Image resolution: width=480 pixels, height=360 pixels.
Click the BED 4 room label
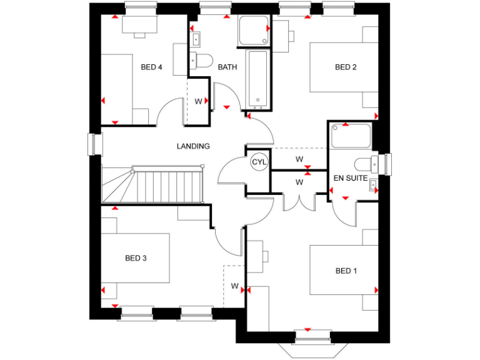[151, 67]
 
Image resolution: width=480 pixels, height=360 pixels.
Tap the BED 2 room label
[346, 67]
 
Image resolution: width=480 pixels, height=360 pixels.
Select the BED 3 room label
[136, 257]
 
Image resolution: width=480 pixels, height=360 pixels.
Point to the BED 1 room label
[346, 271]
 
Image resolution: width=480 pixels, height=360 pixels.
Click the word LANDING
[193, 146]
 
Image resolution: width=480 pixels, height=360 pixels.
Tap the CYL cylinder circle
[259, 162]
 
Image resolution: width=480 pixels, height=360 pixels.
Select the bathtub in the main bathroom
[258, 80]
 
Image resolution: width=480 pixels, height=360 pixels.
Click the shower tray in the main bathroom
[254, 31]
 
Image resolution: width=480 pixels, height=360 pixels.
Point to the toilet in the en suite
[364, 164]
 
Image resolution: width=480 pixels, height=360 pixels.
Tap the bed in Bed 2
[344, 67]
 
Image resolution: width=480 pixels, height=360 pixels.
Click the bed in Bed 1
[344, 270]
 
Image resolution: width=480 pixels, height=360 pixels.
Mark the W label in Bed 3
[235, 286]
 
